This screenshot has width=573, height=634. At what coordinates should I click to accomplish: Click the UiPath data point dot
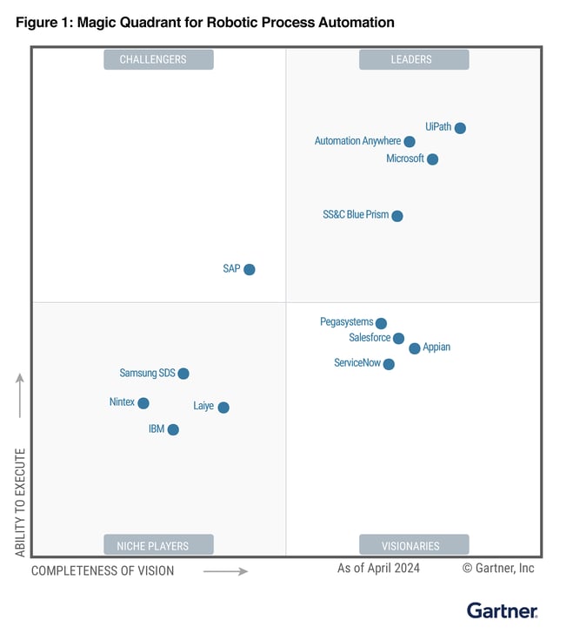pyautogui.click(x=460, y=128)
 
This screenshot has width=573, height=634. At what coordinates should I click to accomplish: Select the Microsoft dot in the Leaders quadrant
pyautogui.click(x=432, y=159)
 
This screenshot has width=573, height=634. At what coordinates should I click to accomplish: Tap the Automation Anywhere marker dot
pyautogui.click(x=410, y=141)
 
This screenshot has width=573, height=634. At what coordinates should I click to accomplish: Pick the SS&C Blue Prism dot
pyautogui.click(x=397, y=216)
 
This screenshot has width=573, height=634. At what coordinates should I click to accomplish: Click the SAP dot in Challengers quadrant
pyautogui.click(x=250, y=270)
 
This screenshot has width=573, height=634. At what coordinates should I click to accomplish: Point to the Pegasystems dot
pyautogui.click(x=381, y=323)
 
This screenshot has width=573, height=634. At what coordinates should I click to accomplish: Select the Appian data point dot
pyautogui.click(x=415, y=348)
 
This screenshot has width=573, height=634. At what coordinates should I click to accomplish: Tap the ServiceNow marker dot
pyautogui.click(x=389, y=364)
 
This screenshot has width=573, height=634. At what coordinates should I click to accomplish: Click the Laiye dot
pyautogui.click(x=223, y=408)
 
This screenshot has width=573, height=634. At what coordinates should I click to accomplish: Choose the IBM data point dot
pyautogui.click(x=173, y=429)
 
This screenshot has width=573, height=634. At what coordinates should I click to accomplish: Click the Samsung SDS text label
pyautogui.click(x=147, y=374)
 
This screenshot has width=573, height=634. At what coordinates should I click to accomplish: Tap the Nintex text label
pyautogui.click(x=122, y=402)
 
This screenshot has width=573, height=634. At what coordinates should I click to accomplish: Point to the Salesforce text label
pyautogui.click(x=370, y=338)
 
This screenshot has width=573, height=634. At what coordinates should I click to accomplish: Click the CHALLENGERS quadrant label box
pyautogui.click(x=158, y=59)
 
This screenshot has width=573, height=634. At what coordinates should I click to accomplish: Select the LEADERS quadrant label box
pyautogui.click(x=414, y=59)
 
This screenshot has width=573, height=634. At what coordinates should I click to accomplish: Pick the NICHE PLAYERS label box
pyautogui.click(x=158, y=546)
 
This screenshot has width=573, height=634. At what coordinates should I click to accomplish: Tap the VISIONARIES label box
pyautogui.click(x=414, y=546)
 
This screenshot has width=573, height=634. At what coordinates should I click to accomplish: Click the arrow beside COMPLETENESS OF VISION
pyautogui.click(x=226, y=571)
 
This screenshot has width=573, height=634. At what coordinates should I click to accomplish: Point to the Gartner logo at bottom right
pyautogui.click(x=503, y=610)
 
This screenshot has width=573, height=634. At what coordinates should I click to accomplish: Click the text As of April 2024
pyautogui.click(x=378, y=569)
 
